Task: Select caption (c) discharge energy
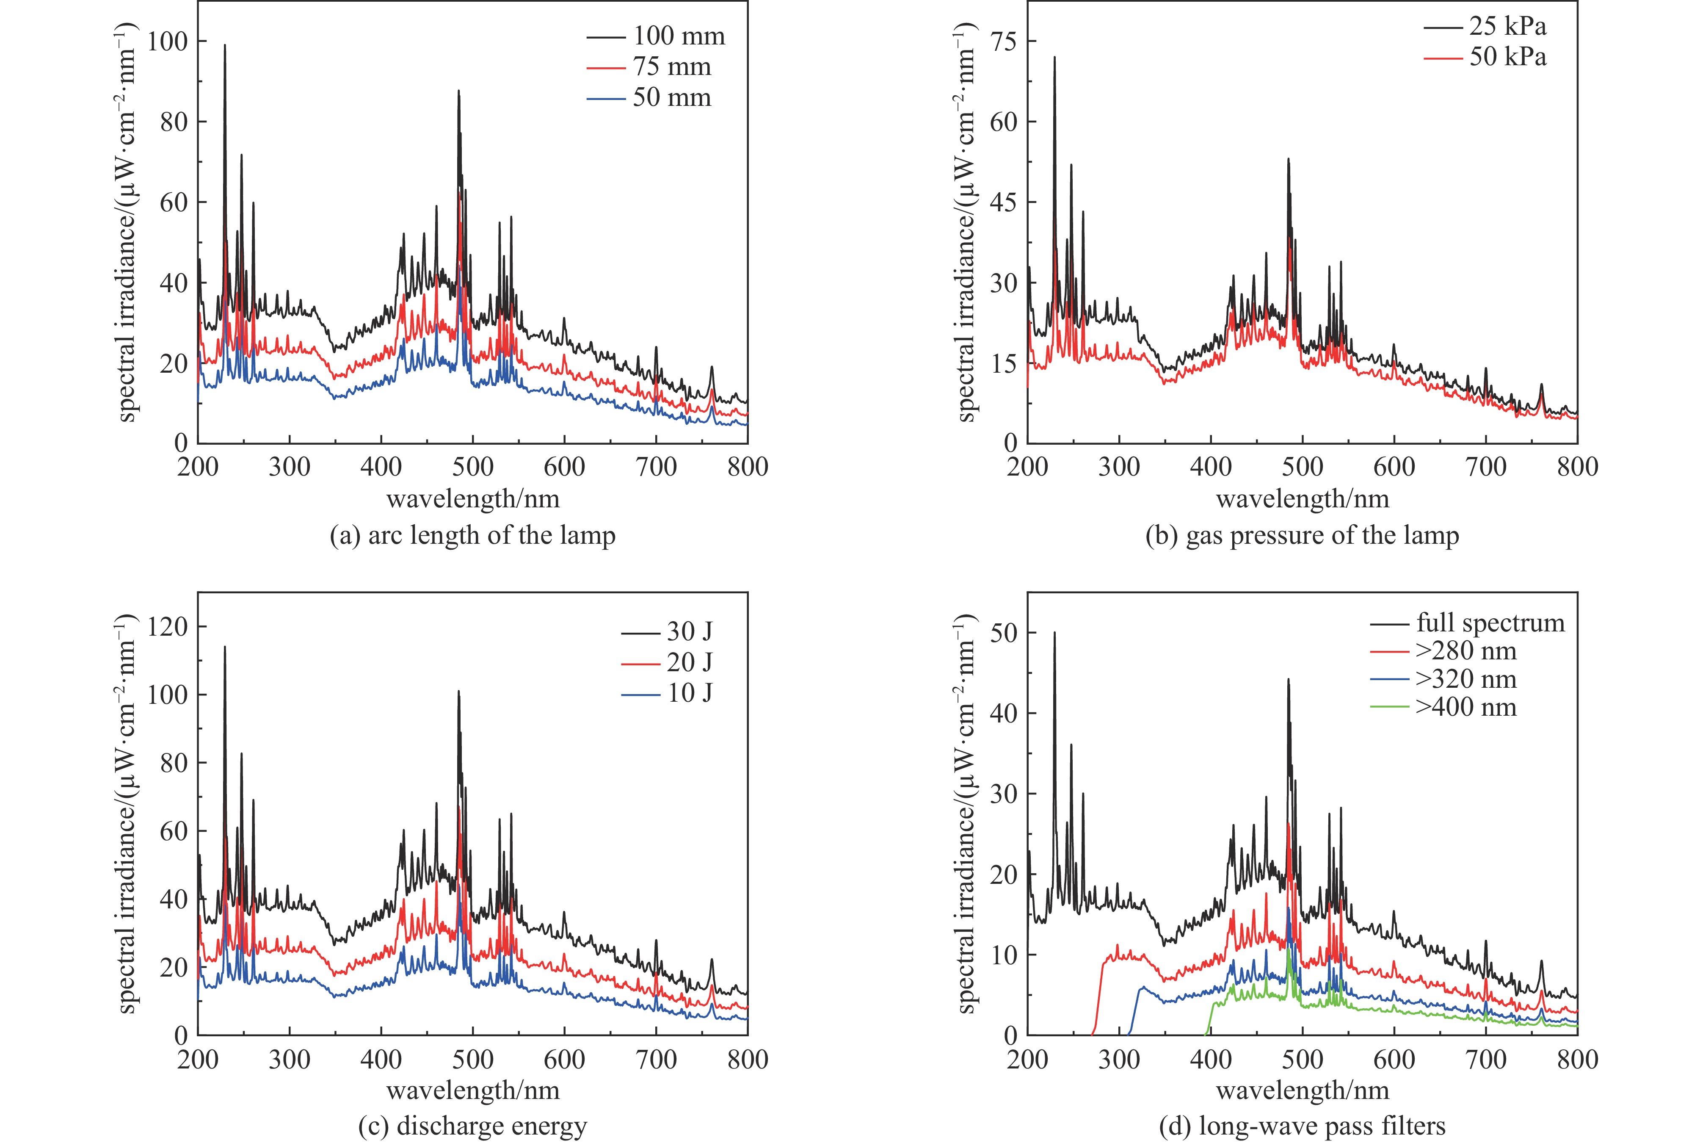point(472,1126)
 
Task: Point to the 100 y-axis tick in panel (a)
point(168,42)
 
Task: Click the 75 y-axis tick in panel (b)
point(1004,42)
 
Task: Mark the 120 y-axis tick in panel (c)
point(168,627)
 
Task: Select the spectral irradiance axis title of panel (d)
point(966,813)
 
